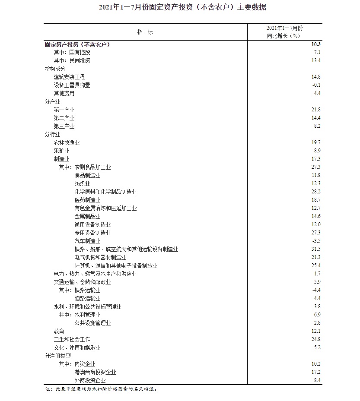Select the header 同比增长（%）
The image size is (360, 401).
(x=283, y=36)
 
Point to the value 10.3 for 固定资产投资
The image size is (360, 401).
(x=315, y=44)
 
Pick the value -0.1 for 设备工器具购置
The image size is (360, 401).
(x=316, y=85)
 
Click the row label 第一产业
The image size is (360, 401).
(x=64, y=110)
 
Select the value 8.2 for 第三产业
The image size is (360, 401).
(x=317, y=126)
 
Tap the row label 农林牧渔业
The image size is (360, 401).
(x=67, y=142)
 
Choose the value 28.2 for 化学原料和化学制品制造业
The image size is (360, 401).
(x=316, y=192)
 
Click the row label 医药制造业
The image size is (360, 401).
(x=87, y=200)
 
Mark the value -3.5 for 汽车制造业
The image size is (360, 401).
(x=316, y=241)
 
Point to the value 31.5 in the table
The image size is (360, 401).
(x=316, y=249)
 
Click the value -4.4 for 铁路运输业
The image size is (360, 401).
(x=316, y=290)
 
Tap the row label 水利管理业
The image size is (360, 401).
(x=87, y=315)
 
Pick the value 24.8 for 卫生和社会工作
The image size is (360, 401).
(x=316, y=339)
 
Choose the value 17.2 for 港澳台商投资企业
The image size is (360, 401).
(x=316, y=372)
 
